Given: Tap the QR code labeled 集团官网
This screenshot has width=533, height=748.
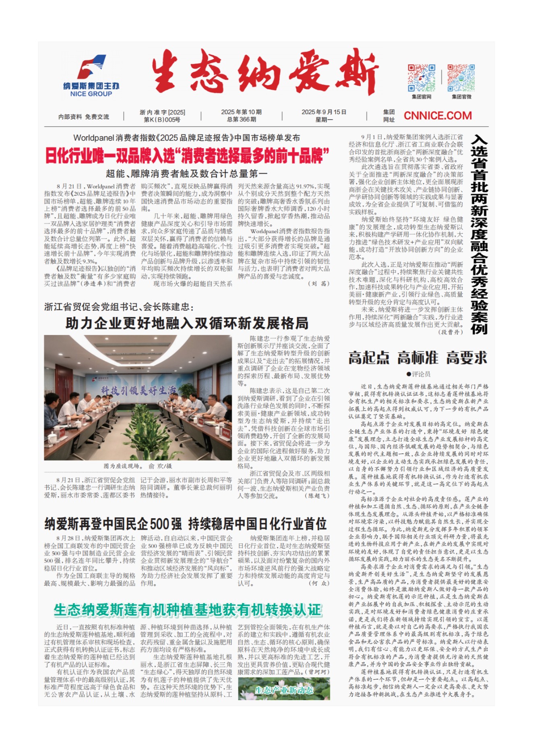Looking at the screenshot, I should [x=421, y=78].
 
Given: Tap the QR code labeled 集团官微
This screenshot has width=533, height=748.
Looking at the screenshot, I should [x=461, y=78].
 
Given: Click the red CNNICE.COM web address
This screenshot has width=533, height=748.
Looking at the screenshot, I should [x=438, y=116].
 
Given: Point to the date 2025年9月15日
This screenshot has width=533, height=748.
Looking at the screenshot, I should [x=324, y=112].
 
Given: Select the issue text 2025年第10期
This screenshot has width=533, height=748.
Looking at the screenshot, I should [x=241, y=112].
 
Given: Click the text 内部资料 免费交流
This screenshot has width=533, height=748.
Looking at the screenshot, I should [x=84, y=117].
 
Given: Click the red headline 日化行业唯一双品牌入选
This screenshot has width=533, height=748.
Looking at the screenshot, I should [x=187, y=156].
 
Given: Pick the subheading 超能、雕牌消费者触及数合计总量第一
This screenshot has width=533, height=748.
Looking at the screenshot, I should [x=186, y=174].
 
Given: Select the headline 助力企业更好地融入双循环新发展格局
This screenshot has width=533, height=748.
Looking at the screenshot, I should [x=187, y=323].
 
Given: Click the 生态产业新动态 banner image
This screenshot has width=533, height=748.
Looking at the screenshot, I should [x=284, y=690].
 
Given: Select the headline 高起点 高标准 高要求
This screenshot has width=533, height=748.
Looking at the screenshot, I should [x=418, y=357].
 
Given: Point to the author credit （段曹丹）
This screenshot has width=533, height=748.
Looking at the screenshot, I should [x=451, y=332].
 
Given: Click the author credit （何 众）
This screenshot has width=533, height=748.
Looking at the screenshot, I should [x=319, y=583].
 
